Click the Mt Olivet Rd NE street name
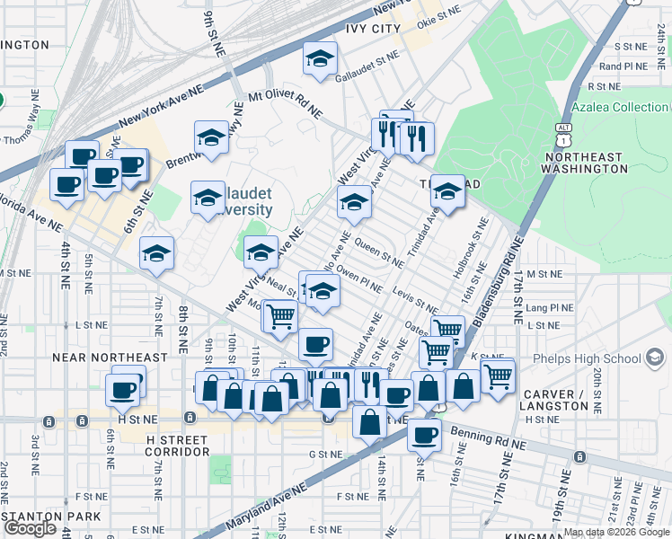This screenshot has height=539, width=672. [286, 103]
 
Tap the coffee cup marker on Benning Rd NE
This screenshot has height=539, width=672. [424, 434]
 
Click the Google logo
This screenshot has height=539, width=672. [30, 528]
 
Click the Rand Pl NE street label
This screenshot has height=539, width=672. [623, 66]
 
